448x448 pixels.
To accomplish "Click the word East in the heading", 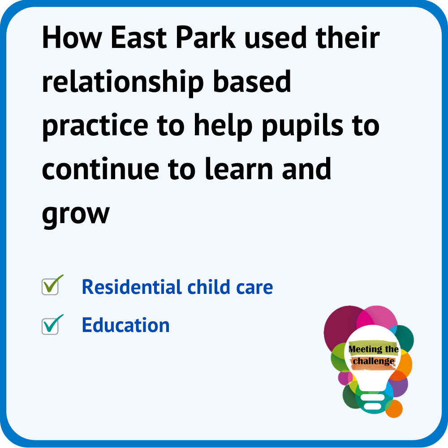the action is [x=138, y=38].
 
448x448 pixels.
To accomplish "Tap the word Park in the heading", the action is [x=206, y=38].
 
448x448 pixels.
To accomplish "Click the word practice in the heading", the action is [x=95, y=126].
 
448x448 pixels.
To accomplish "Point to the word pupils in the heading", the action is [x=303, y=126].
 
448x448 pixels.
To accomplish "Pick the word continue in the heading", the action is [x=100, y=169].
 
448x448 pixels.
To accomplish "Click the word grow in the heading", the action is [x=76, y=215].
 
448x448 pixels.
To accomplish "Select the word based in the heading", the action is [x=252, y=82].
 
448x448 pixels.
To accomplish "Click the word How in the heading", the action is [x=72, y=38].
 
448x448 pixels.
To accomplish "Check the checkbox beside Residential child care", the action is [x=50, y=287].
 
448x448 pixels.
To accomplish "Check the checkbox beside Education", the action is [x=50, y=326].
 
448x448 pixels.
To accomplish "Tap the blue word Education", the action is [x=126, y=325].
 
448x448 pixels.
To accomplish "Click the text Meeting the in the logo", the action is [x=374, y=349].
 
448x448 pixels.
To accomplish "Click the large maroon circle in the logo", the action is [x=341, y=326].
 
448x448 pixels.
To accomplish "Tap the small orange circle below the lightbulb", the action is [x=394, y=409].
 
